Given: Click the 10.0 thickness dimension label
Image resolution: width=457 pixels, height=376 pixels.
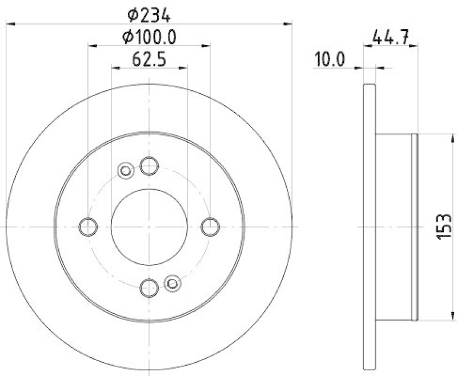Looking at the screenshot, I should coord(330,60).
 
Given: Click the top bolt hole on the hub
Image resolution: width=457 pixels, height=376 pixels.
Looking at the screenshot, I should coord(149,166).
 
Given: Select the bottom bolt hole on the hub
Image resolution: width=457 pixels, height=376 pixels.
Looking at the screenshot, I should coord(149,287).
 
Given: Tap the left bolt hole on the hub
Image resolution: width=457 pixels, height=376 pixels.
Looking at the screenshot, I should coord(88,227).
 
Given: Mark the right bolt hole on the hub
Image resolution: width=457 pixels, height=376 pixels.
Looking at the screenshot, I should coord(210,227).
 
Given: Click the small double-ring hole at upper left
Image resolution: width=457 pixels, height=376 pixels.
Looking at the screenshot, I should coord(125,170).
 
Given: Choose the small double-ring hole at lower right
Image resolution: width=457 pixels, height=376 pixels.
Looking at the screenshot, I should coord(172,283).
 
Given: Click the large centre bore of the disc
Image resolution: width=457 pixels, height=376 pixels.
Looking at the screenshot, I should coord(149,227).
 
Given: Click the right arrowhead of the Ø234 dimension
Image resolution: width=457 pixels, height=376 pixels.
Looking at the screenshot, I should coord(288,23).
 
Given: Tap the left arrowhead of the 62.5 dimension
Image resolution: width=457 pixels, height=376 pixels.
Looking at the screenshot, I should coord(115,67).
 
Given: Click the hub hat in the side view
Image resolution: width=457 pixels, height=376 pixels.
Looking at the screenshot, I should coord(396,227).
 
